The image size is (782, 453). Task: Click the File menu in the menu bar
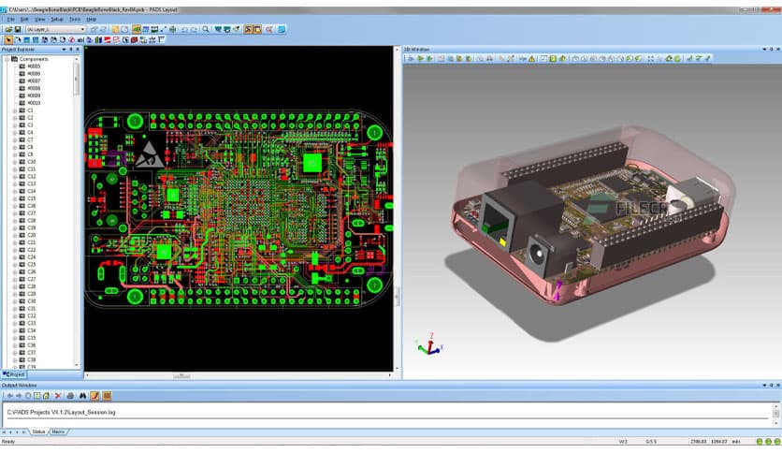[x=8, y=19]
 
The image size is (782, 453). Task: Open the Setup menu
[x=57, y=19]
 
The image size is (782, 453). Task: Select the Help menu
[x=91, y=19]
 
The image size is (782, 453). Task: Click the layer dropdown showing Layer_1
[x=56, y=30]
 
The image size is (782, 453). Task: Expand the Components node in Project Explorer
[x=7, y=59]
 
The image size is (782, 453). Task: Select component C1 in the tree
[x=30, y=110]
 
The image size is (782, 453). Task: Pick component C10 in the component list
[x=31, y=162]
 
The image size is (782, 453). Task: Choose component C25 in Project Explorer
[x=31, y=265]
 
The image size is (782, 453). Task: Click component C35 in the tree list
[x=31, y=338]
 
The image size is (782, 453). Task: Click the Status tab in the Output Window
[x=38, y=431]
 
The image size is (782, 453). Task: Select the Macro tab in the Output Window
[x=58, y=431]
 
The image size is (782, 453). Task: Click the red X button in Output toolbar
[x=56, y=396]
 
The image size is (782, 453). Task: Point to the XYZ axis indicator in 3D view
[x=428, y=345]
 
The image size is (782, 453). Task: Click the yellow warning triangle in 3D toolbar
[x=532, y=59]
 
